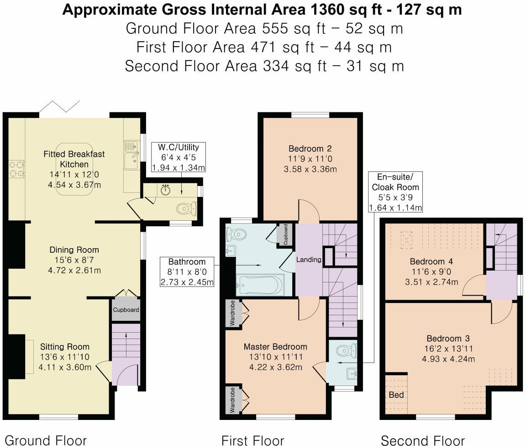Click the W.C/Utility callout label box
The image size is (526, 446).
pyautogui.click(x=179, y=157)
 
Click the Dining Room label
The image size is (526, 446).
pyautogui.click(x=74, y=250)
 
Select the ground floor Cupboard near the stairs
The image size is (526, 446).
pyautogui.click(x=126, y=309)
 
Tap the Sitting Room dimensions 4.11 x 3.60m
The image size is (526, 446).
pyautogui.click(x=65, y=367)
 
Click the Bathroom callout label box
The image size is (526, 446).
pyautogui.click(x=187, y=272)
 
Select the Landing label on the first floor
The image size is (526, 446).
pyautogui.click(x=309, y=260)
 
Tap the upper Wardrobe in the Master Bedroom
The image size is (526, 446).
pyautogui.click(x=232, y=313)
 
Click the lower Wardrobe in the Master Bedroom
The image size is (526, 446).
pyautogui.click(x=232, y=401)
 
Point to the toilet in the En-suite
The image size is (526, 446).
pyautogui.click(x=346, y=351)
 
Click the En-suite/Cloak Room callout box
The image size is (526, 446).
pyautogui.click(x=395, y=192)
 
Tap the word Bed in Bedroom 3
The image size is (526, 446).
pyautogui.click(x=396, y=394)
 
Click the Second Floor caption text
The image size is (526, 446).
pyautogui.click(x=422, y=440)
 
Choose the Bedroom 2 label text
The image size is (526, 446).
pyautogui.click(x=310, y=149)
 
